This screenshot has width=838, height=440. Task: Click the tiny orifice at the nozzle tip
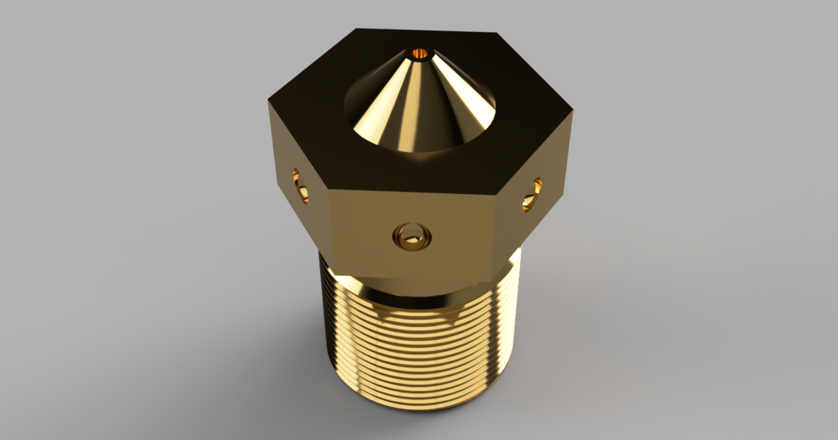(420, 52)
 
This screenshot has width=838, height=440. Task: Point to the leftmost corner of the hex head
(267, 103)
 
